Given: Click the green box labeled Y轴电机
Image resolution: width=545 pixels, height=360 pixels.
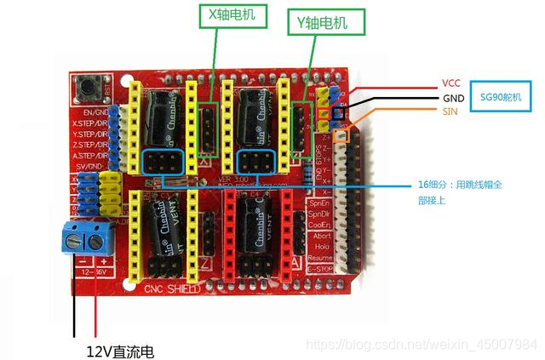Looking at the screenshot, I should (316, 22).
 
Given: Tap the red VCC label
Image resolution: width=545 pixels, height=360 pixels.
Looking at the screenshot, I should (451, 83).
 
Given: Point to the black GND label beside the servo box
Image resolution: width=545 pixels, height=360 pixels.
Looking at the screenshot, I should (453, 98).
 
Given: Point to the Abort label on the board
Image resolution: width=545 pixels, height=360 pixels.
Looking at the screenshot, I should (321, 237).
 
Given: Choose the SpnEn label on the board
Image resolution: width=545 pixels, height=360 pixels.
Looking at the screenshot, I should (319, 204).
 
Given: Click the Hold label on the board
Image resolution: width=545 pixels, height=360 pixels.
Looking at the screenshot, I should (323, 247).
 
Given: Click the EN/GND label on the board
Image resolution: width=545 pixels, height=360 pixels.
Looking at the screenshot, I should (95, 111).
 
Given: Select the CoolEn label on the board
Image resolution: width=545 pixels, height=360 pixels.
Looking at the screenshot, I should (319, 226).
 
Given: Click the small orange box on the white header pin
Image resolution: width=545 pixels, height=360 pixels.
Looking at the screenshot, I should (342, 134).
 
